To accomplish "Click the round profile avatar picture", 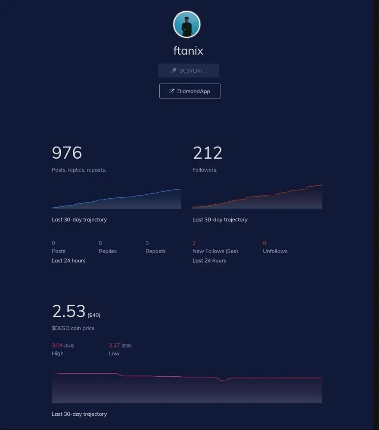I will pos(187,25).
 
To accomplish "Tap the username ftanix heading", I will pos(188,51).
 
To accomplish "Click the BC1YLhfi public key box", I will pos(188,71).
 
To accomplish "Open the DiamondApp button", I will pos(189,91).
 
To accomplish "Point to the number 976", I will pos(67,153).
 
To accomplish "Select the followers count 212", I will pos(208,153).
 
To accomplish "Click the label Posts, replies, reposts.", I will pos(79,170).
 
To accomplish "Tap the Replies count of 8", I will pos(100,243).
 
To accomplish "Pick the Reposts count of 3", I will pos(147,243).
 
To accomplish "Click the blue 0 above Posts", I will pos(53,243).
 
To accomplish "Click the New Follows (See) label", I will pos(215,251).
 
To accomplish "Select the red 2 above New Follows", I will pos(194,243).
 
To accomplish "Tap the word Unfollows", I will pos(275,251).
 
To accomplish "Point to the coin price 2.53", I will pos(69,311).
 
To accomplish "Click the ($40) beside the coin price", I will pos(94,315).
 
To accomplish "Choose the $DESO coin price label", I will pos(73,328).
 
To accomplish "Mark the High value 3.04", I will pos(57,345).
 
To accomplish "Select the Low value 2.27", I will pos(114,345).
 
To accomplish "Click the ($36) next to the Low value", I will pos(127,346).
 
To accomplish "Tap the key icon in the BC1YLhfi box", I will pos(173,71).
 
